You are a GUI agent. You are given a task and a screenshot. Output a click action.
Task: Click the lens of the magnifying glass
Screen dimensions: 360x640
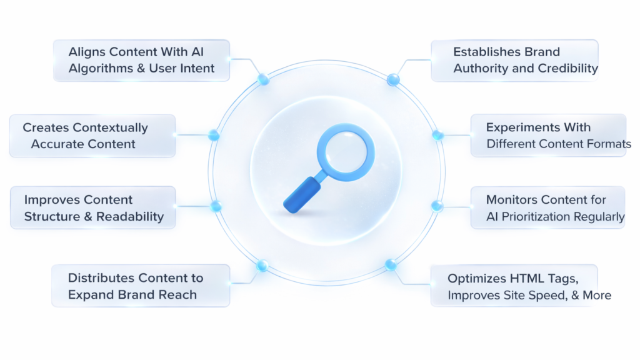click(345, 152)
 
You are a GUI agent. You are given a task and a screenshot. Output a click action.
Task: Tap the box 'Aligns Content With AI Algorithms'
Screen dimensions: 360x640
click(141, 60)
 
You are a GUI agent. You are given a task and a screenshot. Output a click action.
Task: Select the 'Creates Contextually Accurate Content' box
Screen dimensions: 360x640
click(92, 136)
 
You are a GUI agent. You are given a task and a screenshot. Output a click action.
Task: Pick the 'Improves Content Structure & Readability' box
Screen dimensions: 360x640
click(92, 207)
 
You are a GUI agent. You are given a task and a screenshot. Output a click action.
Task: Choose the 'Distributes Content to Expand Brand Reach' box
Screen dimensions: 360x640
click(141, 286)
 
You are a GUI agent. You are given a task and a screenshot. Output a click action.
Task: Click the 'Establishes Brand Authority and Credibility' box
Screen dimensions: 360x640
click(514, 60)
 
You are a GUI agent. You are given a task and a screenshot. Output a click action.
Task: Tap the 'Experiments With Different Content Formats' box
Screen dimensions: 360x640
click(548, 136)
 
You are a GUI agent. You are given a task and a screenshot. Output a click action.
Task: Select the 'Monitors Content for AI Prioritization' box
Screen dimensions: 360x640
click(547, 207)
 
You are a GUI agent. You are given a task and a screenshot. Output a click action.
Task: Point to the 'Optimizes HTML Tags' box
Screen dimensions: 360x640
click(514, 286)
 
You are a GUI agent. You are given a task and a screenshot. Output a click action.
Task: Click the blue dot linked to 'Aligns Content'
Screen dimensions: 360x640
click(263, 79)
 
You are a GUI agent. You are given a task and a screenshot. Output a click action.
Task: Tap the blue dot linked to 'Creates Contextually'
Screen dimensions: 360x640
click(214, 135)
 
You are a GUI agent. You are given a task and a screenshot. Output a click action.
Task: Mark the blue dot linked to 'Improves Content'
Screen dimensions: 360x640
click(216, 206)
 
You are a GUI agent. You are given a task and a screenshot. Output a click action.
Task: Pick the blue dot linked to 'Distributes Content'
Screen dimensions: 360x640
click(262, 266)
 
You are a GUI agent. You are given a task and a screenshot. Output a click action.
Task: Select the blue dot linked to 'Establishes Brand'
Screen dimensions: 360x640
click(392, 79)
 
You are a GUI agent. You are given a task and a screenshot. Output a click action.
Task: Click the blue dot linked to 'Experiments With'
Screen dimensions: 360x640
click(437, 135)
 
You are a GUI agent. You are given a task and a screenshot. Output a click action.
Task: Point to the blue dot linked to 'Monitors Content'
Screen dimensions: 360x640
click(437, 206)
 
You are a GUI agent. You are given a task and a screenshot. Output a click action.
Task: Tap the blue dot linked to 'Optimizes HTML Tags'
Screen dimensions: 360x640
click(391, 264)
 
